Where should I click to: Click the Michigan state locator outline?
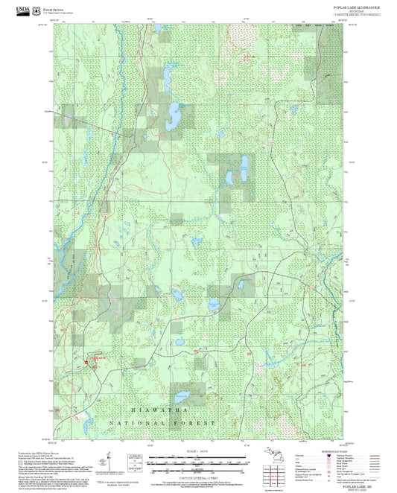272,457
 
